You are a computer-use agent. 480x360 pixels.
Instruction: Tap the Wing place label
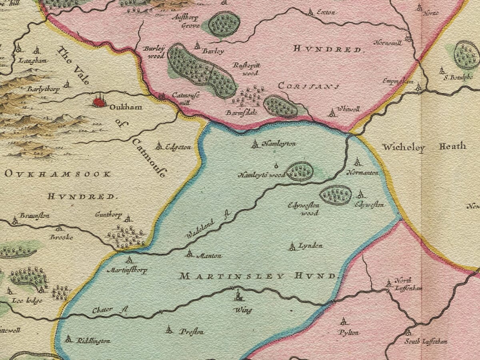pyautogui.click(x=243, y=310)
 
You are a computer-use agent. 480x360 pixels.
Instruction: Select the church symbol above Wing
pyautogui.click(x=239, y=296)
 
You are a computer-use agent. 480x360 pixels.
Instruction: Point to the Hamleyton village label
pyautogui.click(x=279, y=144)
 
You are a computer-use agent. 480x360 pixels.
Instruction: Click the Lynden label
pyautogui.click(x=310, y=246)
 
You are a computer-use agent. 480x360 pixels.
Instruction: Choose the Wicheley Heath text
pyautogui.click(x=424, y=147)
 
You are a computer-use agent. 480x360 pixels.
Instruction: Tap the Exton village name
pyautogui.click(x=326, y=12)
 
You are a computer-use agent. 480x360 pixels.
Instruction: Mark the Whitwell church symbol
pyautogui.click(x=332, y=113)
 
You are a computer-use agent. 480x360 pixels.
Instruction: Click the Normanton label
pyautogui.click(x=362, y=173)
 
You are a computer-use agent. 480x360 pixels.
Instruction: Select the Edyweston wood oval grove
pyautogui.click(x=336, y=195)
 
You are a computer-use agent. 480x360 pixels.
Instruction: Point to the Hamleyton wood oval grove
pyautogui.click(x=300, y=171)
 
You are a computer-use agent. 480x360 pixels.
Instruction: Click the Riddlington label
pyautogui.click(x=93, y=341)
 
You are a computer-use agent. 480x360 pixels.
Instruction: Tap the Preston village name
pyautogui.click(x=192, y=332)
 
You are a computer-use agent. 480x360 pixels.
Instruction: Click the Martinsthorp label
pyautogui.click(x=127, y=270)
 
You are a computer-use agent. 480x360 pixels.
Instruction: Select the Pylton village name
pyautogui.click(x=348, y=332)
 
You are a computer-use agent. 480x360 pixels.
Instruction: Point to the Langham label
pyautogui.click(x=33, y=61)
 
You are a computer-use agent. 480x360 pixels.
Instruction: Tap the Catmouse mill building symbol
pyautogui.click(x=162, y=96)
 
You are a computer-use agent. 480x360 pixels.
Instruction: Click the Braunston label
pyautogui.click(x=34, y=216)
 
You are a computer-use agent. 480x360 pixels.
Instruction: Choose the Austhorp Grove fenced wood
pyautogui.click(x=224, y=24)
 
